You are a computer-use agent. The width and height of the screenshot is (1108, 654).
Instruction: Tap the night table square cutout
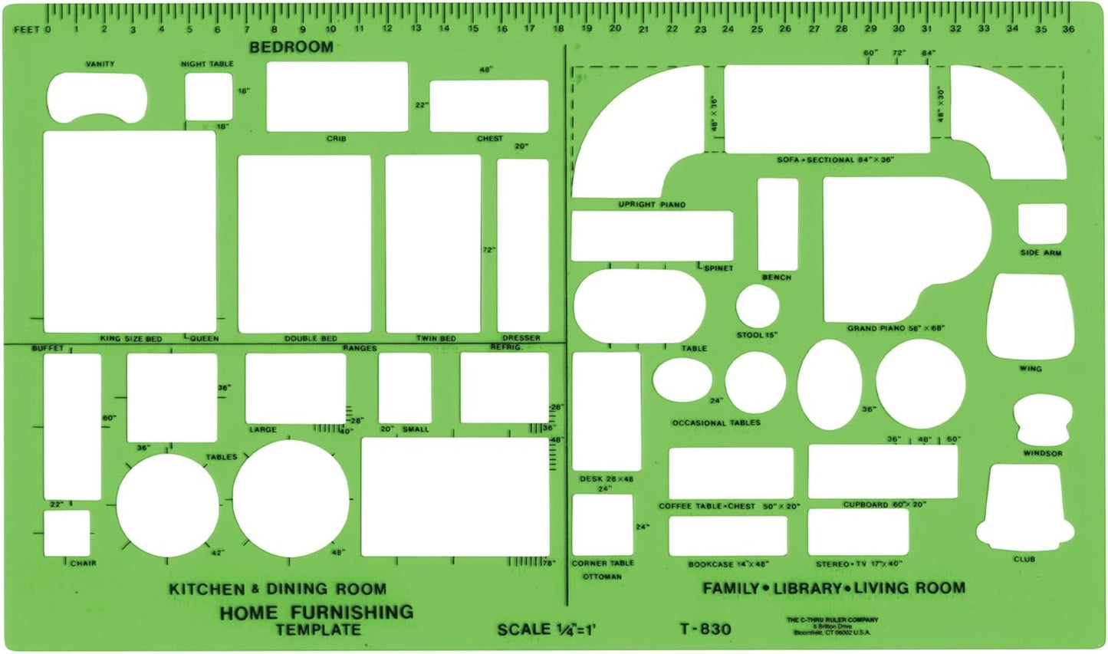pyautogui.click(x=208, y=97)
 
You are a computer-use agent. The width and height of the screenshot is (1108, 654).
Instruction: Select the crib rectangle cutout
pyautogui.click(x=337, y=97)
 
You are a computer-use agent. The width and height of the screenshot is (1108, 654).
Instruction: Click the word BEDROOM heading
pyautogui.click(x=291, y=47)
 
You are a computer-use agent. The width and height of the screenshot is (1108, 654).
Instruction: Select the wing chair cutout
pyautogui.click(x=1030, y=316)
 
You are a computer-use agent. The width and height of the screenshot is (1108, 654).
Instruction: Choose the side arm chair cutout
pyautogui.click(x=1042, y=223)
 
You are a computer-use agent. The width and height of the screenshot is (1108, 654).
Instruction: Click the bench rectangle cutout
pyautogui.click(x=778, y=224)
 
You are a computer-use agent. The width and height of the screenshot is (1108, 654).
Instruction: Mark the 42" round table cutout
pyautogui.click(x=168, y=505)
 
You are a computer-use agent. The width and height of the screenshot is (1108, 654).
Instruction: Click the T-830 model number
pyautogui.click(x=705, y=629)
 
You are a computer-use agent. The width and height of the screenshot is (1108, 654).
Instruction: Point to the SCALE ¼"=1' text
pyautogui.click(x=546, y=629)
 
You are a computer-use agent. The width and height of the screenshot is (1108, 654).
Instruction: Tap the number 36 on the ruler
pyautogui.click(x=1068, y=29)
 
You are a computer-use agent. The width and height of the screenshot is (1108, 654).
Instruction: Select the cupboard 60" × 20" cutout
pyautogui.click(x=883, y=471)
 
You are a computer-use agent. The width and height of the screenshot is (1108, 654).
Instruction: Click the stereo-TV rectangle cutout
pyautogui.click(x=858, y=531)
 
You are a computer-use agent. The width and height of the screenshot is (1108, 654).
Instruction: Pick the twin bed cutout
pyautogui.click(x=433, y=244)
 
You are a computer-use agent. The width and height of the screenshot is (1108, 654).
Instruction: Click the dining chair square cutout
pyautogui.click(x=66, y=533)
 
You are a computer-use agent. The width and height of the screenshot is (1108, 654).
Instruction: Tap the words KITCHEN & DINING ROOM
pyautogui.click(x=278, y=589)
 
